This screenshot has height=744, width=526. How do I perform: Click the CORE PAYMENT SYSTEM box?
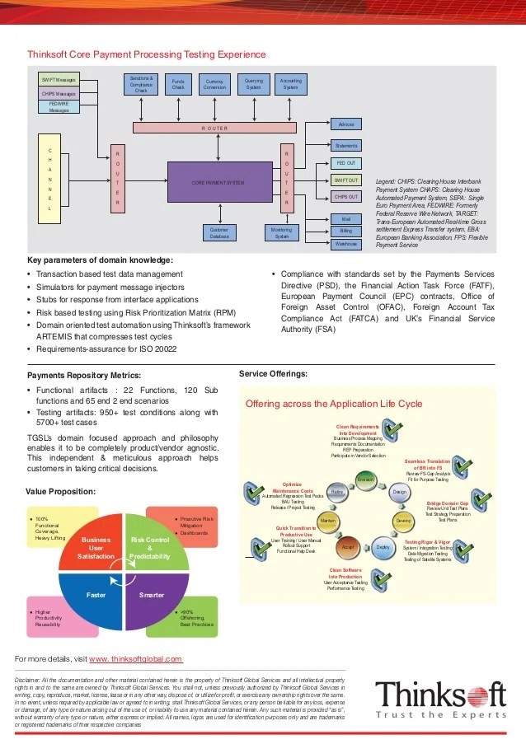(218, 182)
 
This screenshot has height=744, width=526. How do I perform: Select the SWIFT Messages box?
(59, 80)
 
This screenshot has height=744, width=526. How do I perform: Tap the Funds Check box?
(178, 84)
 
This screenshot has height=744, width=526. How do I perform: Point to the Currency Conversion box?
(216, 84)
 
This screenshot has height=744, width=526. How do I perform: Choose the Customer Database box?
(219, 233)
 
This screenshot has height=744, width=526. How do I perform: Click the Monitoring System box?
(283, 233)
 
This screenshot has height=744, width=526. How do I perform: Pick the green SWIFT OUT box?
(346, 180)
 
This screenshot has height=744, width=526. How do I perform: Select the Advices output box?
(346, 124)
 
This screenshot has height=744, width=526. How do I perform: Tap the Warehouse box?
(346, 244)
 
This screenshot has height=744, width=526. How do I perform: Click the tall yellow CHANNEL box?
(49, 180)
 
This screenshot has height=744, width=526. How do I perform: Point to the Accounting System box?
(291, 84)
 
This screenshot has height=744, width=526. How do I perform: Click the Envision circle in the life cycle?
(365, 479)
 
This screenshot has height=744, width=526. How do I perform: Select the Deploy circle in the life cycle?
(383, 547)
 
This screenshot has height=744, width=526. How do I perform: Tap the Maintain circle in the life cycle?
(326, 522)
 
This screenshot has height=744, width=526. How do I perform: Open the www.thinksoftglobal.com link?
(135, 659)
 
